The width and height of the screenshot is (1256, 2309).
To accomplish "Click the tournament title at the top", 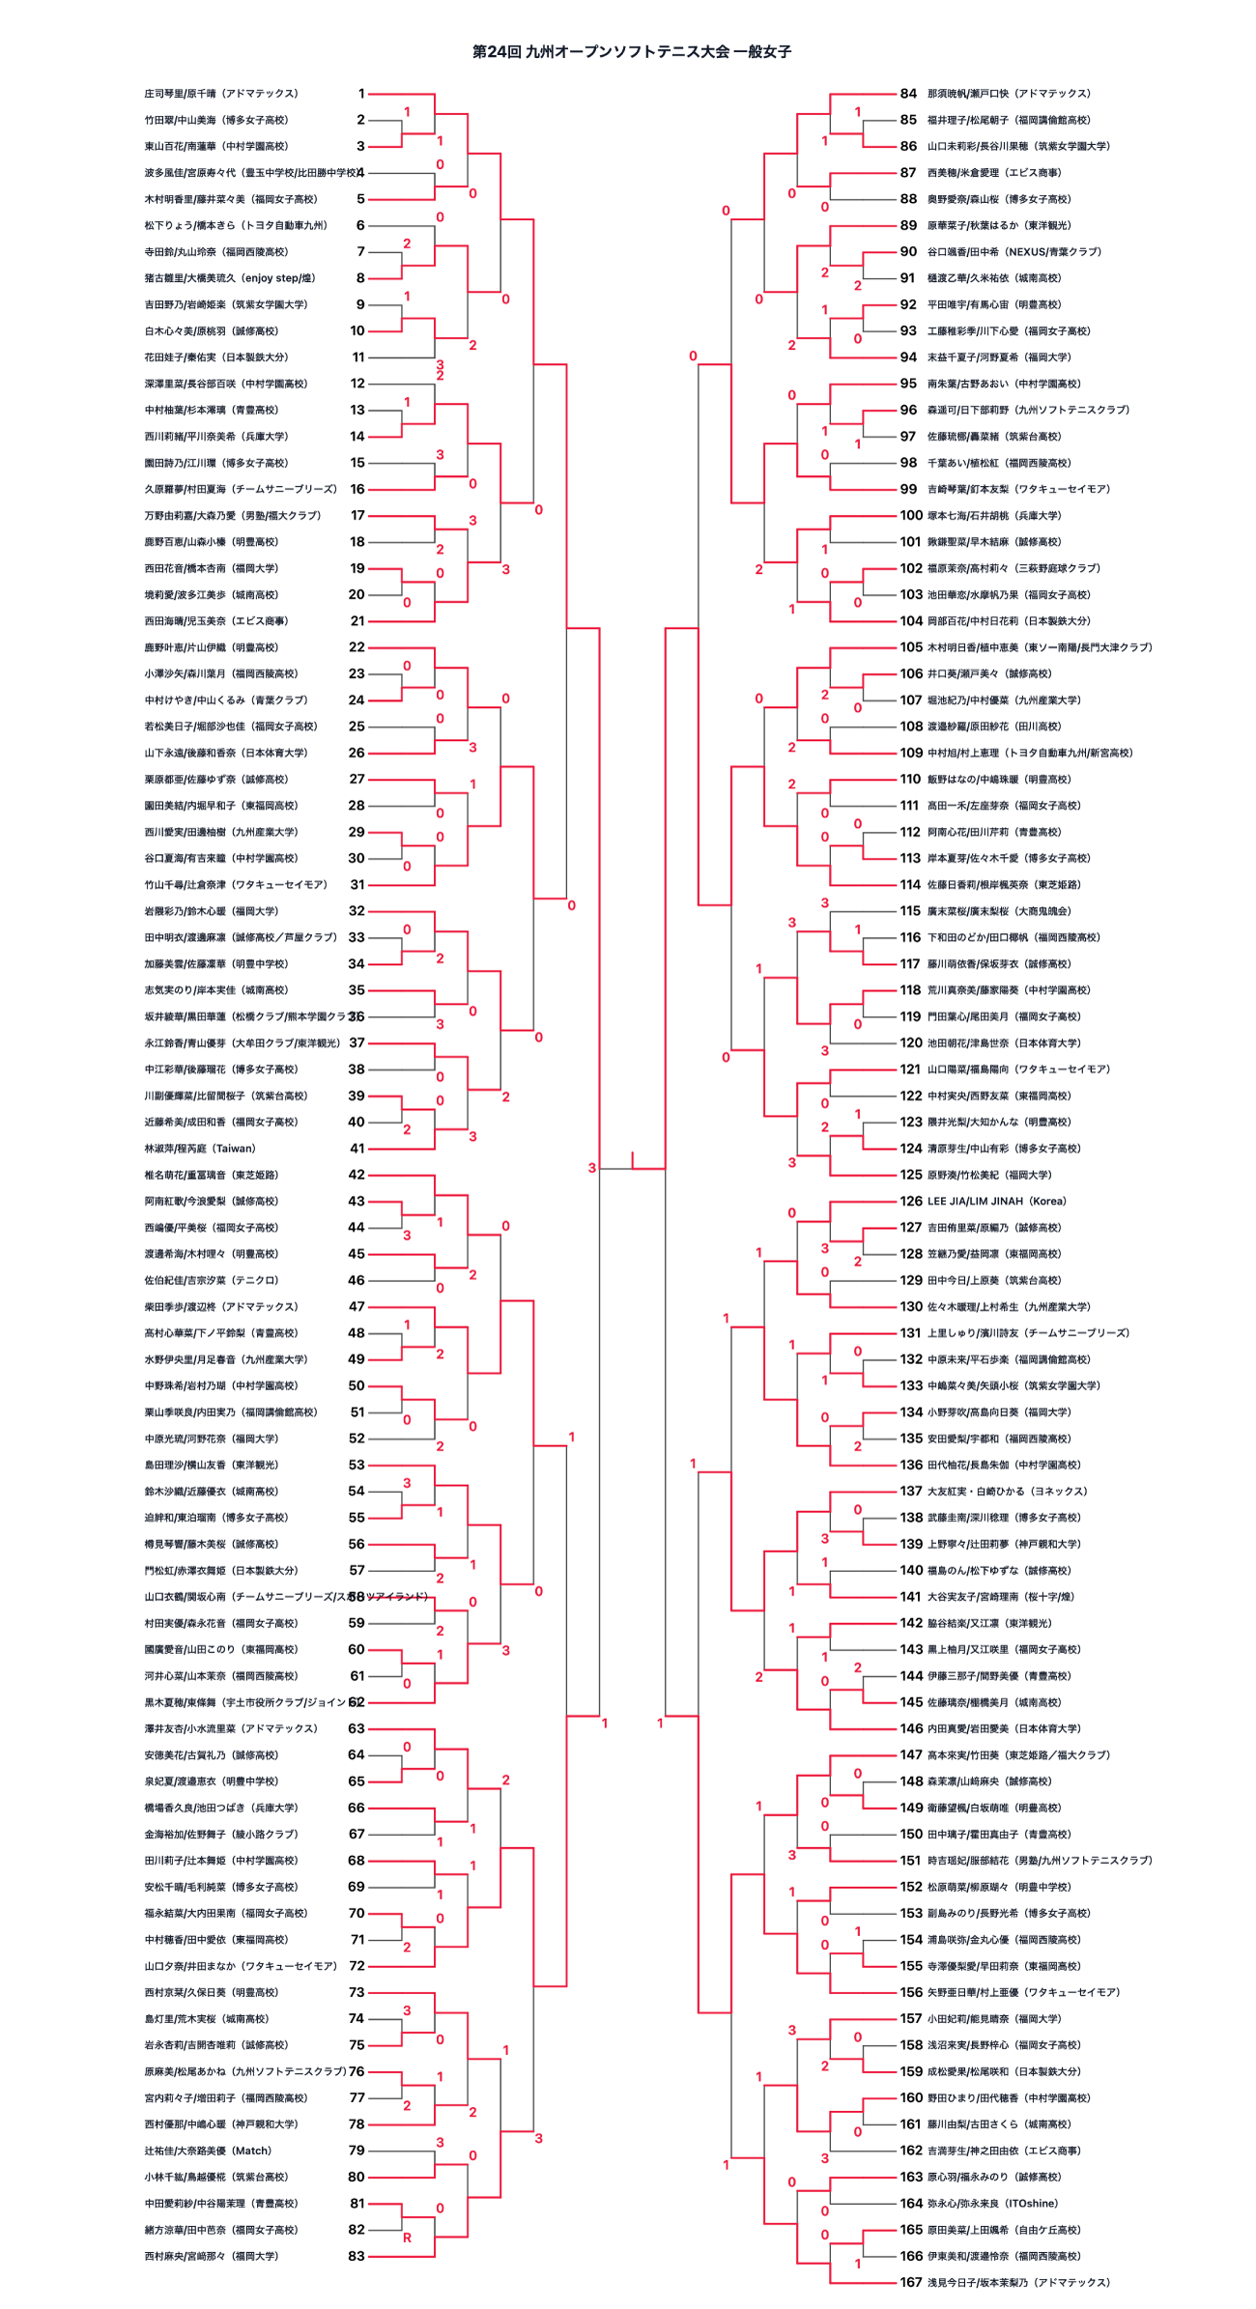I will tap(631, 52).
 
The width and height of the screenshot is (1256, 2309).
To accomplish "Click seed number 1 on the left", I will tap(361, 94).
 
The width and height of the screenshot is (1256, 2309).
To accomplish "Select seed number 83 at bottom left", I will tap(357, 2256).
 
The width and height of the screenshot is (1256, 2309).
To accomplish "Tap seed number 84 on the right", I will tap(908, 94).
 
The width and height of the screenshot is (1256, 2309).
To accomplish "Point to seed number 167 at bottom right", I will tap(911, 2282).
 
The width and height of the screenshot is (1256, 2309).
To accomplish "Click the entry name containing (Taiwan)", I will tap(200, 1149).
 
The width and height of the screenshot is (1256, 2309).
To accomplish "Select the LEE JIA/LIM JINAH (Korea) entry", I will tap(996, 1201).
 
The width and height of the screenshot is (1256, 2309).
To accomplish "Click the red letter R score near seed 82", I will tap(407, 2238).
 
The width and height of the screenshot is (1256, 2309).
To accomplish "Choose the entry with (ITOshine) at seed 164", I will tap(992, 2203).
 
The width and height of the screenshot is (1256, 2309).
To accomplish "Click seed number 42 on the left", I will tap(357, 1175).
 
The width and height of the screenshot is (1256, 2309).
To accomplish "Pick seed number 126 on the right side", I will tap(911, 1201).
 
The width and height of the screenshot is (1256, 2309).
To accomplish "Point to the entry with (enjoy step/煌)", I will tap(230, 278).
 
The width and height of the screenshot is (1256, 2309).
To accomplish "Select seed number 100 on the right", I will tap(911, 516).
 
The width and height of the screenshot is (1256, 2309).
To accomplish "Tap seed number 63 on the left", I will tap(357, 1728).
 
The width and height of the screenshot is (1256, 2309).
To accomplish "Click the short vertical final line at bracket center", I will tap(633, 1159).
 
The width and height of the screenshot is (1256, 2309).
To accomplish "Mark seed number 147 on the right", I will tap(911, 1754).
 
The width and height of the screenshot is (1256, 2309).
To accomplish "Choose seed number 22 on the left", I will tap(357, 647).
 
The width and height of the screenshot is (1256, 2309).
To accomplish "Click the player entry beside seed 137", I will tap(1007, 1491).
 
